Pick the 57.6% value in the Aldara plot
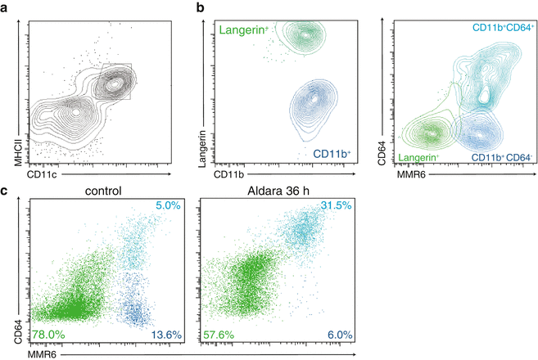coord(218,335)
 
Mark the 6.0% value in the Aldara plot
coord(320,335)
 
